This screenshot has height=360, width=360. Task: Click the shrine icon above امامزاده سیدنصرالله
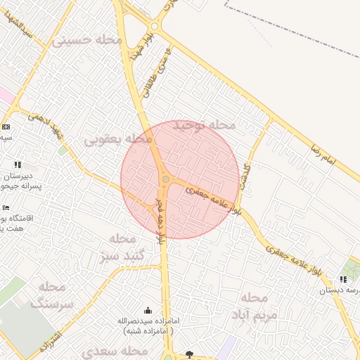click(x=148, y=310)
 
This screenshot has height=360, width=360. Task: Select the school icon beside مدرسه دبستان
click(x=343, y=280)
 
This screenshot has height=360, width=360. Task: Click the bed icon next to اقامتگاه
click(x=6, y=208)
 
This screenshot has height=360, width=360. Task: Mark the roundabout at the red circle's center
click(x=166, y=180)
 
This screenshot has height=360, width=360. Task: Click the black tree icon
click(x=188, y=354)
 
